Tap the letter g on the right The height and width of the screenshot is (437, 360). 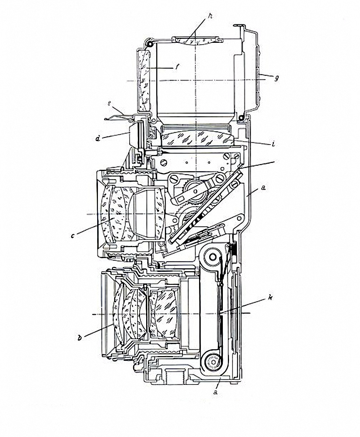[x=276, y=77]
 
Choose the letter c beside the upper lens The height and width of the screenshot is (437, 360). [x=73, y=236]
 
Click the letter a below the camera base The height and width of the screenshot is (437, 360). [x=216, y=392]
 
